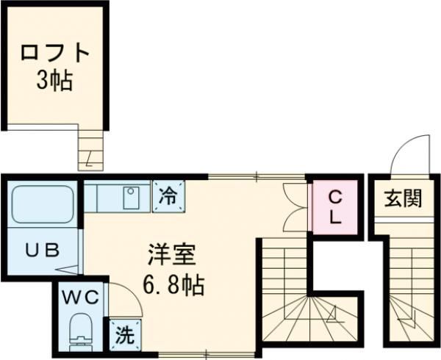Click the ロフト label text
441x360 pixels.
[55, 54]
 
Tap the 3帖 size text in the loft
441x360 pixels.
[55, 80]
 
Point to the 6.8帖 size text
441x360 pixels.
[173, 283]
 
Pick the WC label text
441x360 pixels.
[79, 298]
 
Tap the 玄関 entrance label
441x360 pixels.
[402, 198]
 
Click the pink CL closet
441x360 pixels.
[334, 207]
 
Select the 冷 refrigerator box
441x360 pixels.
[168, 196]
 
